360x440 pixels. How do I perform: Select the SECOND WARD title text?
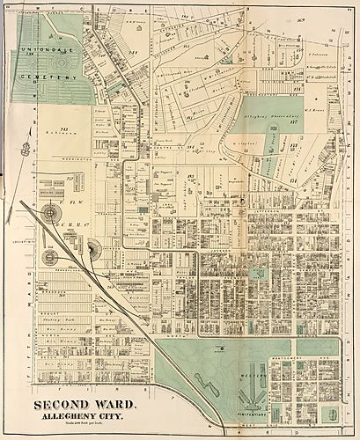[84, 406]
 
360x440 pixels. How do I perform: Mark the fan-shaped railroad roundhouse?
[93, 249]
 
